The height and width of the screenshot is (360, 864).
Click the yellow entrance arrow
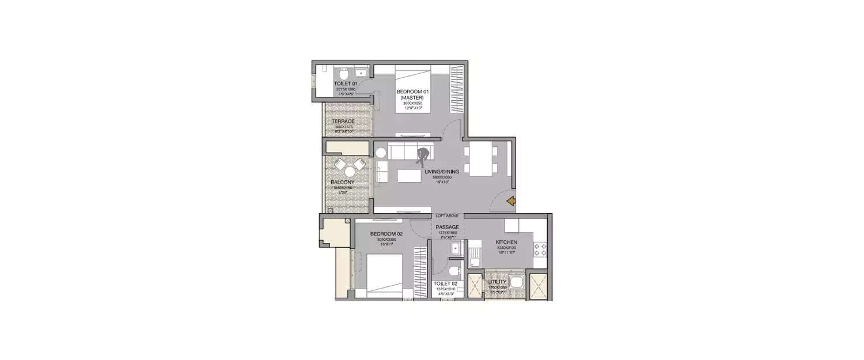click(x=510, y=201)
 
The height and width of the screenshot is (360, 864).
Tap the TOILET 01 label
click(x=346, y=84)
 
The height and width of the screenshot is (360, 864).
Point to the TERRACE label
click(x=343, y=122)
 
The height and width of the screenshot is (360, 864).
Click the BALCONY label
click(x=342, y=183)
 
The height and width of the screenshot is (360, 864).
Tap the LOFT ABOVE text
click(x=447, y=215)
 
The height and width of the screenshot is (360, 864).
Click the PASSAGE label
click(x=447, y=227)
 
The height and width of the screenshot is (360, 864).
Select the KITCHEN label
click(x=507, y=242)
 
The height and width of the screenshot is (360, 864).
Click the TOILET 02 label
click(x=446, y=283)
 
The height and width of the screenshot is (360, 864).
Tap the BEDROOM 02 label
click(x=386, y=234)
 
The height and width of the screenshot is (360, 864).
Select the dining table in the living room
click(x=481, y=160)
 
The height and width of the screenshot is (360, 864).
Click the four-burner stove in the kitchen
click(x=541, y=249)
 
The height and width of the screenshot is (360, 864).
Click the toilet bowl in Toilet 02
click(x=453, y=270)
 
